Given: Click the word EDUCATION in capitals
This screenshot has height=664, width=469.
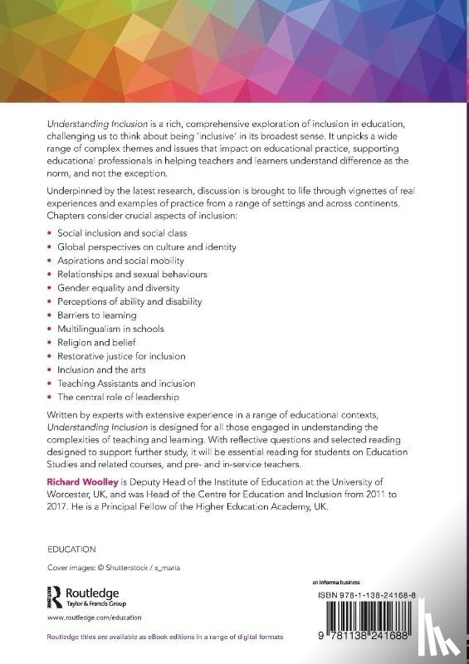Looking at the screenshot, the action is point(72,549).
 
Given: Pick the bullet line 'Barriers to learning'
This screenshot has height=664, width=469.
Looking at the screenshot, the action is point(97,315).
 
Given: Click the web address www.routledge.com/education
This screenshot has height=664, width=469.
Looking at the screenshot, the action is point(94,618).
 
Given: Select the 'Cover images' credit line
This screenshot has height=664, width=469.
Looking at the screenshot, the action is point(107,568).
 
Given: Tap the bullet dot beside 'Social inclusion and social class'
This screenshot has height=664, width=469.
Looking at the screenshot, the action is point(49,234).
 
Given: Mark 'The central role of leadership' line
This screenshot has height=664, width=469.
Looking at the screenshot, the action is point(118,397).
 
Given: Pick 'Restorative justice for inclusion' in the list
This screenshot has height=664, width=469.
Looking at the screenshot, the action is point(121,356).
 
